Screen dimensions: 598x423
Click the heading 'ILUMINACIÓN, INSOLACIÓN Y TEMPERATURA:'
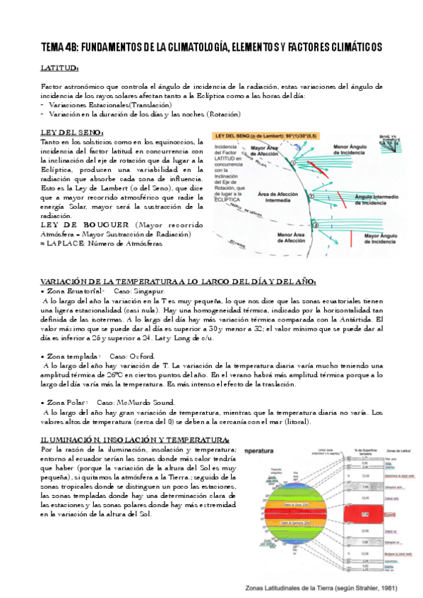click(x=135, y=440)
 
